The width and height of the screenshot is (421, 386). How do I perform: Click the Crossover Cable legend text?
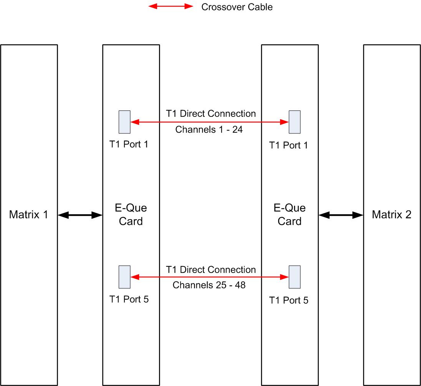[237, 7]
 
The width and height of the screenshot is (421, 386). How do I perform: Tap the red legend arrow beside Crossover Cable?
[171, 7]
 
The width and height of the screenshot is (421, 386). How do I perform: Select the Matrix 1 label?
[29, 215]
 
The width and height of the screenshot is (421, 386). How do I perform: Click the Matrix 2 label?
[391, 215]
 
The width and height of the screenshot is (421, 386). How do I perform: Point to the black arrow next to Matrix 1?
[80, 216]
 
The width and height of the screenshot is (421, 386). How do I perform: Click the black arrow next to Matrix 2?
[341, 216]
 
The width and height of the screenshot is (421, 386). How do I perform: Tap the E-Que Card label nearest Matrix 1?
[131, 215]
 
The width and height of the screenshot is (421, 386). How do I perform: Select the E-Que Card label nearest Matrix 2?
[290, 215]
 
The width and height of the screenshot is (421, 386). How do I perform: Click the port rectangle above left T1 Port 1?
[124, 122]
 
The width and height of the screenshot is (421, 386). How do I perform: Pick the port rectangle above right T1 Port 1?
[295, 122]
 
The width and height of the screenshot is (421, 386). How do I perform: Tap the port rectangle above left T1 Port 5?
[124, 277]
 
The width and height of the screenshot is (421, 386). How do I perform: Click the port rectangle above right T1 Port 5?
[295, 277]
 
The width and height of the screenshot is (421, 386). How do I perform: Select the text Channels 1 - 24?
[209, 130]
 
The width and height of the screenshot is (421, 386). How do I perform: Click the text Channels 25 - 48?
[209, 285]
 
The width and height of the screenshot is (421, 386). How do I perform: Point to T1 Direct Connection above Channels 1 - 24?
[210, 114]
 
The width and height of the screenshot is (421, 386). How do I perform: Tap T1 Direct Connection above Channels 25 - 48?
[210, 269]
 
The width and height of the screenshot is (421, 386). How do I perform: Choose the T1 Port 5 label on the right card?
[288, 300]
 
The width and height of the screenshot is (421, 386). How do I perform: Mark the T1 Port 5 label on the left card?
[129, 299]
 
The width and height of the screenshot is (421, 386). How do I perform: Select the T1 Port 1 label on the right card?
[288, 145]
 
